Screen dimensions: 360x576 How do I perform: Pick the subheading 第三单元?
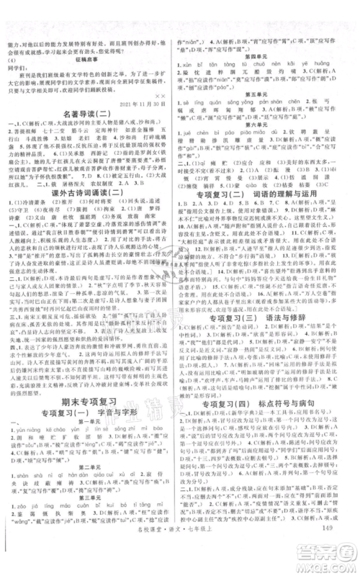point(91,517)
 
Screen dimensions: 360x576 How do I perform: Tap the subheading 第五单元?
point(263,93)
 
